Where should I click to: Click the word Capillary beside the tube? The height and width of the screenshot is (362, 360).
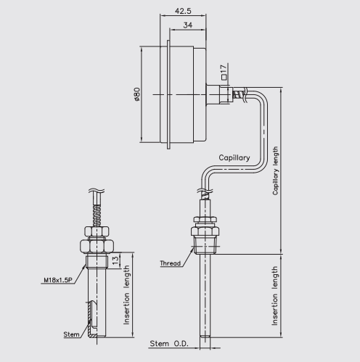(234, 157)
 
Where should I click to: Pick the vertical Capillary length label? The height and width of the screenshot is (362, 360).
(276, 170)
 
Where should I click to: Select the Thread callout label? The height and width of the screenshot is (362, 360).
(171, 263)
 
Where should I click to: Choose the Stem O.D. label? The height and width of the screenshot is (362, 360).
(168, 342)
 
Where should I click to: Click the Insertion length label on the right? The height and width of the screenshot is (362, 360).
(276, 295)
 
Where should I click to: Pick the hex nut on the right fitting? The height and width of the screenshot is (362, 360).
(206, 219)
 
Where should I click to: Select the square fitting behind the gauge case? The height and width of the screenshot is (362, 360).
(216, 94)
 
